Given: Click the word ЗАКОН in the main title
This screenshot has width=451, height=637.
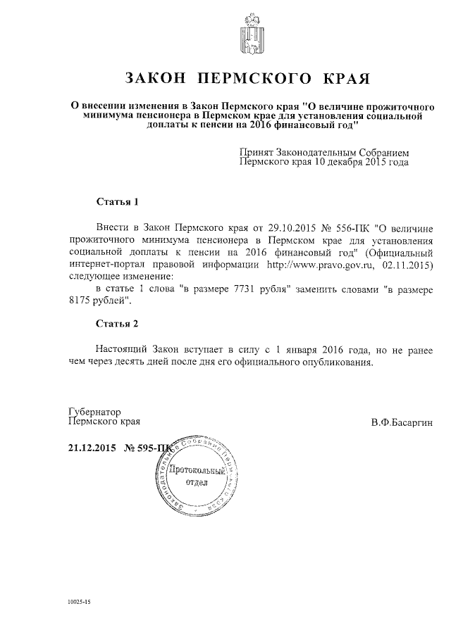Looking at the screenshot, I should (154, 77).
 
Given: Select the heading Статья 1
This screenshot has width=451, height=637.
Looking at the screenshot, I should (117, 202).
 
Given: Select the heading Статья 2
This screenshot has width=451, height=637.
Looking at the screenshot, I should (117, 324).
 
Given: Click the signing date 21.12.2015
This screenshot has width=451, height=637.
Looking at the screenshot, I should (92, 448).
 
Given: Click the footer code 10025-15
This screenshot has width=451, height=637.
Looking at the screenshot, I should (80, 603).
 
